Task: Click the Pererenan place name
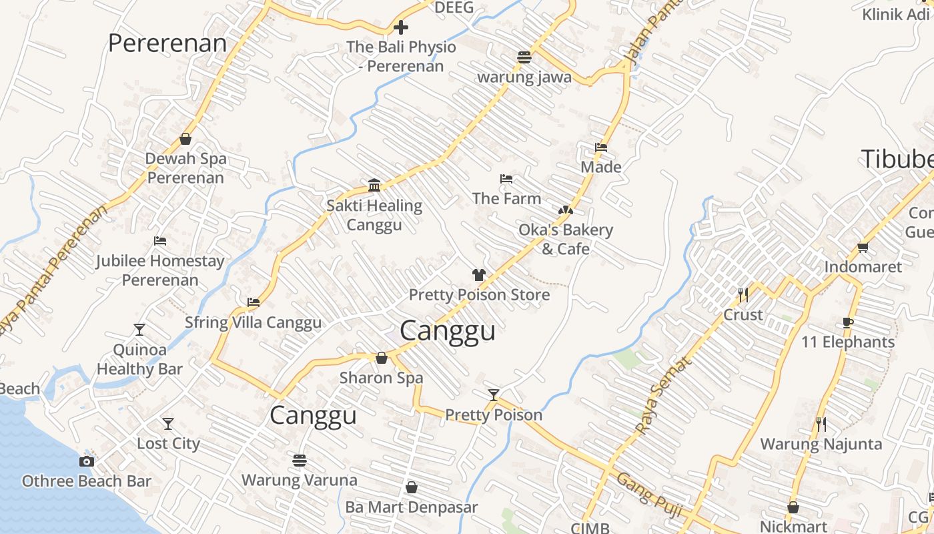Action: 167,43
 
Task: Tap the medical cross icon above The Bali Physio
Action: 401,27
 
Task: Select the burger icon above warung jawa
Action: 524,57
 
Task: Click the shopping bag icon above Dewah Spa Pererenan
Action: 185,139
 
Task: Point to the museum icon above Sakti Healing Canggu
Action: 374,185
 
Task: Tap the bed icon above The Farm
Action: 506,179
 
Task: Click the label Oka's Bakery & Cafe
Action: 566,239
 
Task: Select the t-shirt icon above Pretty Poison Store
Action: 479,274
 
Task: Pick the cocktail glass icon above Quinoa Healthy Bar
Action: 139,330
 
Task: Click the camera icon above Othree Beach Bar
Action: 86,461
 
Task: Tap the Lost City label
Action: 168,443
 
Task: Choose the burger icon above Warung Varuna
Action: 300,460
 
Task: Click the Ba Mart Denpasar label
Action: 411,507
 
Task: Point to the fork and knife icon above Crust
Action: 743,294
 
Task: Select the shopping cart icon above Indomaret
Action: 863,247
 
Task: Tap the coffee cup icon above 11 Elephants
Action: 847,322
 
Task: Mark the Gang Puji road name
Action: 648,495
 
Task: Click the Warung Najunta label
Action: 821,444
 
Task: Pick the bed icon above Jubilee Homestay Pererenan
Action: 160,241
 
